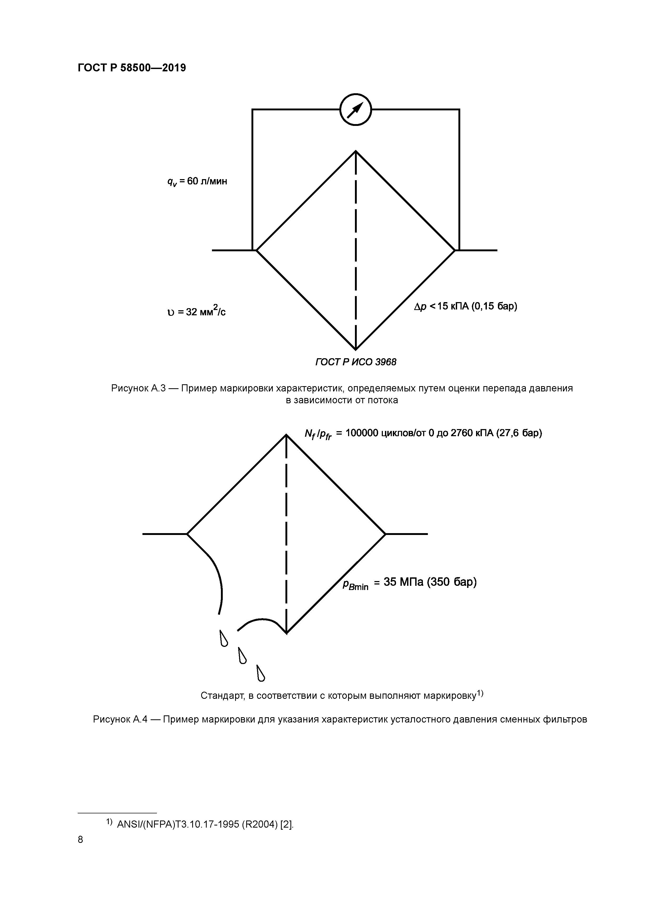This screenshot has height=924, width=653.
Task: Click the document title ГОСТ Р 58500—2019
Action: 132,68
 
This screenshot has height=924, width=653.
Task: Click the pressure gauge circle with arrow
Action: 355,110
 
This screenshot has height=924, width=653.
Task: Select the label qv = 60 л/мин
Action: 197,181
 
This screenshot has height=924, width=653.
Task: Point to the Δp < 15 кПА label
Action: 465,306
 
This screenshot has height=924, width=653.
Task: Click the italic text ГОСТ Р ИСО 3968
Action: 356,362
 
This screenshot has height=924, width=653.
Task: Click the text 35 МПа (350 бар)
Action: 430,582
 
